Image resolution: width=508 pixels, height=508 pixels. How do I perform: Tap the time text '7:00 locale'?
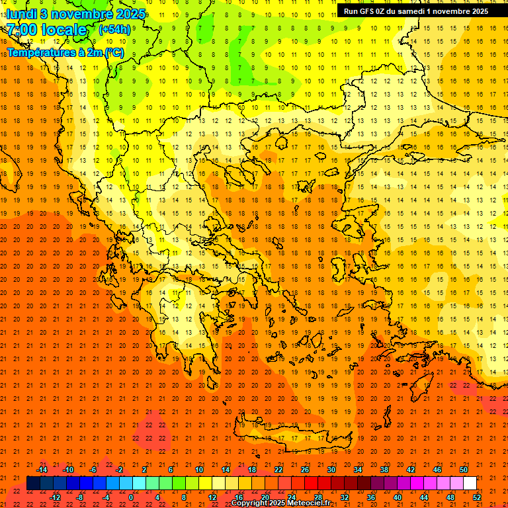pyautogui.click(x=46, y=30)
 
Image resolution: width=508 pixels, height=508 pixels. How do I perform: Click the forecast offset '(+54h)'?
pyautogui.click(x=114, y=30)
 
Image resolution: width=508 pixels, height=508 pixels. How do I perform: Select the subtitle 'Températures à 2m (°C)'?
pyautogui.click(x=65, y=52)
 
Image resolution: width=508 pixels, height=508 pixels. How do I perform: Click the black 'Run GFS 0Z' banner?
pyautogui.click(x=416, y=11)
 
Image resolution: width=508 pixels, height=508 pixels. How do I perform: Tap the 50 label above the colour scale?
pyautogui.click(x=463, y=469)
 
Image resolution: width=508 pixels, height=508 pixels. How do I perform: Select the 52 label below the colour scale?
pyautogui.click(x=477, y=497)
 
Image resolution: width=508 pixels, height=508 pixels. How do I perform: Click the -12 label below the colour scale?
pyautogui.click(x=55, y=497)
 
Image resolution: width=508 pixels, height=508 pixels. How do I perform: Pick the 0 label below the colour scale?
pyautogui.click(x=131, y=497)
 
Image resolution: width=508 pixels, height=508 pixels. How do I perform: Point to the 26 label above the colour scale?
pyautogui.click(x=305, y=469)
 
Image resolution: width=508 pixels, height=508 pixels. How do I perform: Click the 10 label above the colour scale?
pyautogui.click(x=199, y=469)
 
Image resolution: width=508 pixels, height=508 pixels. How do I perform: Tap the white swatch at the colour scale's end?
pyautogui.click(x=470, y=483)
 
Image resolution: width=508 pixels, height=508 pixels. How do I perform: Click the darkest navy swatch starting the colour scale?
pyautogui.click(x=33, y=483)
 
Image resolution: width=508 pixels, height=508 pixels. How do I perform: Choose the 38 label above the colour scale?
pyautogui.click(x=384, y=469)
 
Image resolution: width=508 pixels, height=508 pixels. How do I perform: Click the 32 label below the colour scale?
pyautogui.click(x=345, y=497)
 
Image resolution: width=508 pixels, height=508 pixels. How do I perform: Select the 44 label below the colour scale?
pyautogui.click(x=424, y=497)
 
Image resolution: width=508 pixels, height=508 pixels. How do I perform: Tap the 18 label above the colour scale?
pyautogui.click(x=252, y=469)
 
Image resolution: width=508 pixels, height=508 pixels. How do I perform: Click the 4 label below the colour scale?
pyautogui.click(x=157, y=497)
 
